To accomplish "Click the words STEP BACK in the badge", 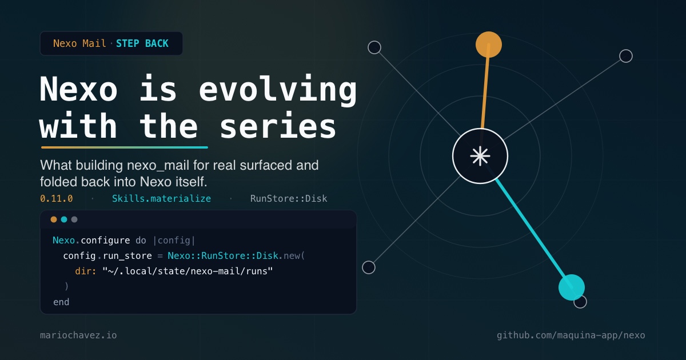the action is pyautogui.click(x=142, y=43).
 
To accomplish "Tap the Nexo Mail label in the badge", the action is pyautogui.click(x=79, y=43).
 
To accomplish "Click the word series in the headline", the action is pyautogui.click(x=278, y=126).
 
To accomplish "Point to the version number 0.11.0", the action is pyautogui.click(x=57, y=199).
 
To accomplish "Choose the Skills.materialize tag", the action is pyautogui.click(x=161, y=199).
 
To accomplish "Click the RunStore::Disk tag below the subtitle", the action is pyautogui.click(x=289, y=199).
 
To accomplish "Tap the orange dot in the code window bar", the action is pyautogui.click(x=54, y=219).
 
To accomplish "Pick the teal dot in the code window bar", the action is pyautogui.click(x=64, y=219).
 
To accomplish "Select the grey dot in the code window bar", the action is pyautogui.click(x=74, y=219).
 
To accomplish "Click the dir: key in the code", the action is pyautogui.click(x=85, y=271).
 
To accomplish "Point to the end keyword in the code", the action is pyautogui.click(x=61, y=302).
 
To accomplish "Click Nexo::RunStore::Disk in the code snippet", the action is pyautogui.click(x=223, y=255).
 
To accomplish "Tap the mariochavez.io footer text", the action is pyautogui.click(x=78, y=335).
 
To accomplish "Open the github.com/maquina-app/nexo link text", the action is pyautogui.click(x=571, y=335).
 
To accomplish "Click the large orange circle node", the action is pyautogui.click(x=489, y=45).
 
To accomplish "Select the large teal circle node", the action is pyautogui.click(x=572, y=287).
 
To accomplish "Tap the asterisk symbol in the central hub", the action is pyautogui.click(x=480, y=156).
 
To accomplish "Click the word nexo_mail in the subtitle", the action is pyautogui.click(x=158, y=166).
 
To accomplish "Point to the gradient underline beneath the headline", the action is pyautogui.click(x=125, y=147).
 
